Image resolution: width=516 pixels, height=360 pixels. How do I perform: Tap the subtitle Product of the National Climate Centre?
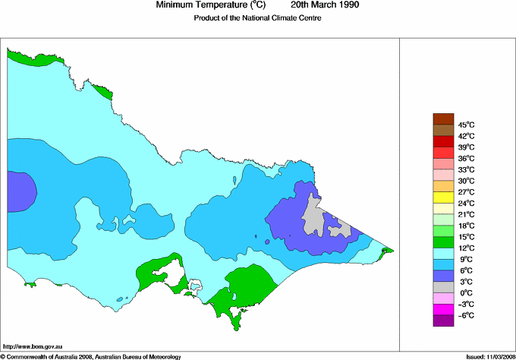coord(258,18)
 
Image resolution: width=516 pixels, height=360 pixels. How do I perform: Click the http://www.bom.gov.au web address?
coord(33,346)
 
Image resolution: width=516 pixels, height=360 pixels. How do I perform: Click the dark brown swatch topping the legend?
coord(442,118)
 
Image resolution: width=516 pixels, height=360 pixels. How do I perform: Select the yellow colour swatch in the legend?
coord(442,197)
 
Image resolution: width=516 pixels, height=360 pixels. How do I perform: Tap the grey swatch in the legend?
coord(442,286)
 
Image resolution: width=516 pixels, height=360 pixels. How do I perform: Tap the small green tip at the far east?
coord(387,250)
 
